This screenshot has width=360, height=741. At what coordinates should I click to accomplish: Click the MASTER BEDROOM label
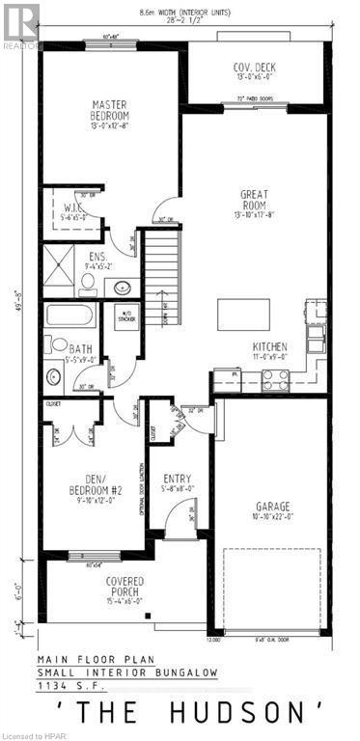111,110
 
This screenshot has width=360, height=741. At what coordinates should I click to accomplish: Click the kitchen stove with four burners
274,379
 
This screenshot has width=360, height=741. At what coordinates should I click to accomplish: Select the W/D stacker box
126,317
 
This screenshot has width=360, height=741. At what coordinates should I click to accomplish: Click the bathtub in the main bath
69,316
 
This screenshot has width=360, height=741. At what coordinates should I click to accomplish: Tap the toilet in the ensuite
88,283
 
